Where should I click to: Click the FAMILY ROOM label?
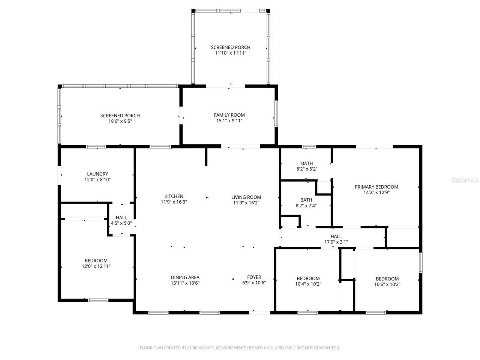click(229, 115)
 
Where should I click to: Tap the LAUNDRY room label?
click(97, 174)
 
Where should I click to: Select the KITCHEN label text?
click(174, 196)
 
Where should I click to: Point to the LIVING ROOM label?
click(246, 197)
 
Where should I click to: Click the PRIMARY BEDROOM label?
click(376, 187)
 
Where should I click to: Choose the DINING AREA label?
click(185, 277)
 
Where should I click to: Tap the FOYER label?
click(254, 277)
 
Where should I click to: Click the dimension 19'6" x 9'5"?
click(120, 121)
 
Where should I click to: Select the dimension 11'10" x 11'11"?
click(230, 53)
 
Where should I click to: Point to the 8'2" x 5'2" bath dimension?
click(307, 169)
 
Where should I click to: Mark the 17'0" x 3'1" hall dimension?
click(336, 242)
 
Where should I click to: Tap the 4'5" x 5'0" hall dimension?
click(121, 223)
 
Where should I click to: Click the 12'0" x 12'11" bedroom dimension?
click(96, 266)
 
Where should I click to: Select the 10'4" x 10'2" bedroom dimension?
click(308, 284)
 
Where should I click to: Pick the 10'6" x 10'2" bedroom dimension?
click(387, 284)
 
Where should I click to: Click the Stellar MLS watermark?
click(465, 180)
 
